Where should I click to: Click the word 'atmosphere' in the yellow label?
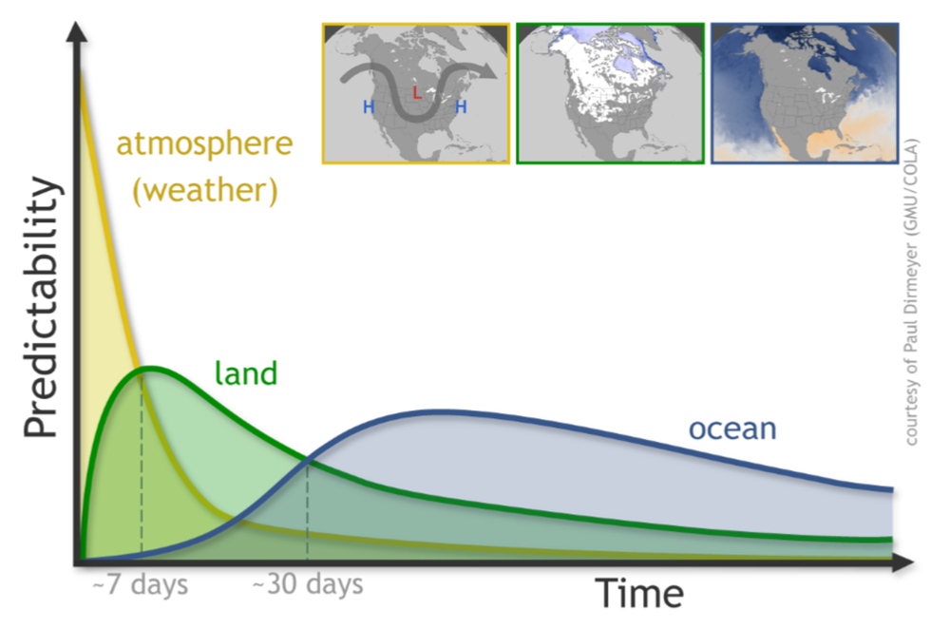[205, 144]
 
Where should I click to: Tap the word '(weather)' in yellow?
[205, 191]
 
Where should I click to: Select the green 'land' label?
[246, 372]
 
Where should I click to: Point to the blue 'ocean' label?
[732, 429]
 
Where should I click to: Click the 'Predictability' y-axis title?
[41, 307]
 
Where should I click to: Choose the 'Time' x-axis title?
[639, 593]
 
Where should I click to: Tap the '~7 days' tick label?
[140, 585]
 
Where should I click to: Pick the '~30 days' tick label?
[307, 584]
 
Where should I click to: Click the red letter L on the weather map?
[417, 92]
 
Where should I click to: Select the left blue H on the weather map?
[369, 107]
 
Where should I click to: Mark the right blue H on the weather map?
[461, 107]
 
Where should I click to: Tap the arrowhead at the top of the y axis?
[76, 31]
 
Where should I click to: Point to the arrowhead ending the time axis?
[902, 562]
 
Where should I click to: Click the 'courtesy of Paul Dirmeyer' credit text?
[911, 292]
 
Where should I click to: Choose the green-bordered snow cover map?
[611, 93]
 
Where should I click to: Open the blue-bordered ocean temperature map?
[805, 93]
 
